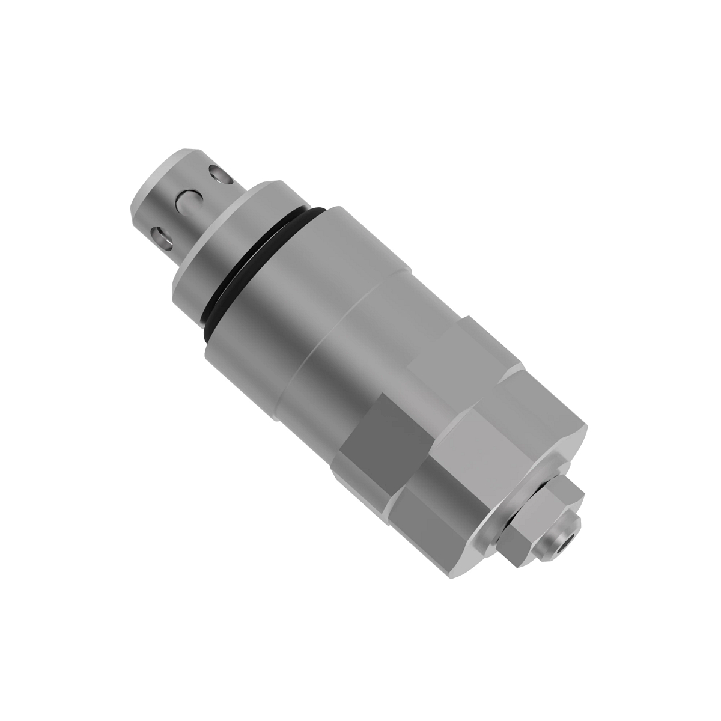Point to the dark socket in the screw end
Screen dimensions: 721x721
[567, 541]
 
